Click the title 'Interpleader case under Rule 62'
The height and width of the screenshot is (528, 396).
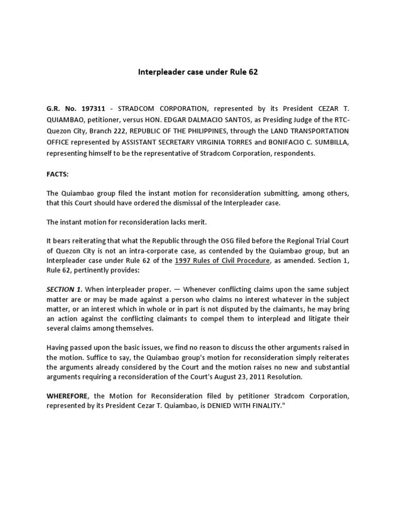pyautogui.click(x=197, y=72)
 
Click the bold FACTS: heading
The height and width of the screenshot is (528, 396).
pyautogui.click(x=57, y=175)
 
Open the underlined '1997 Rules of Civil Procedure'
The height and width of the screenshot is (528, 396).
pyautogui.click(x=222, y=260)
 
